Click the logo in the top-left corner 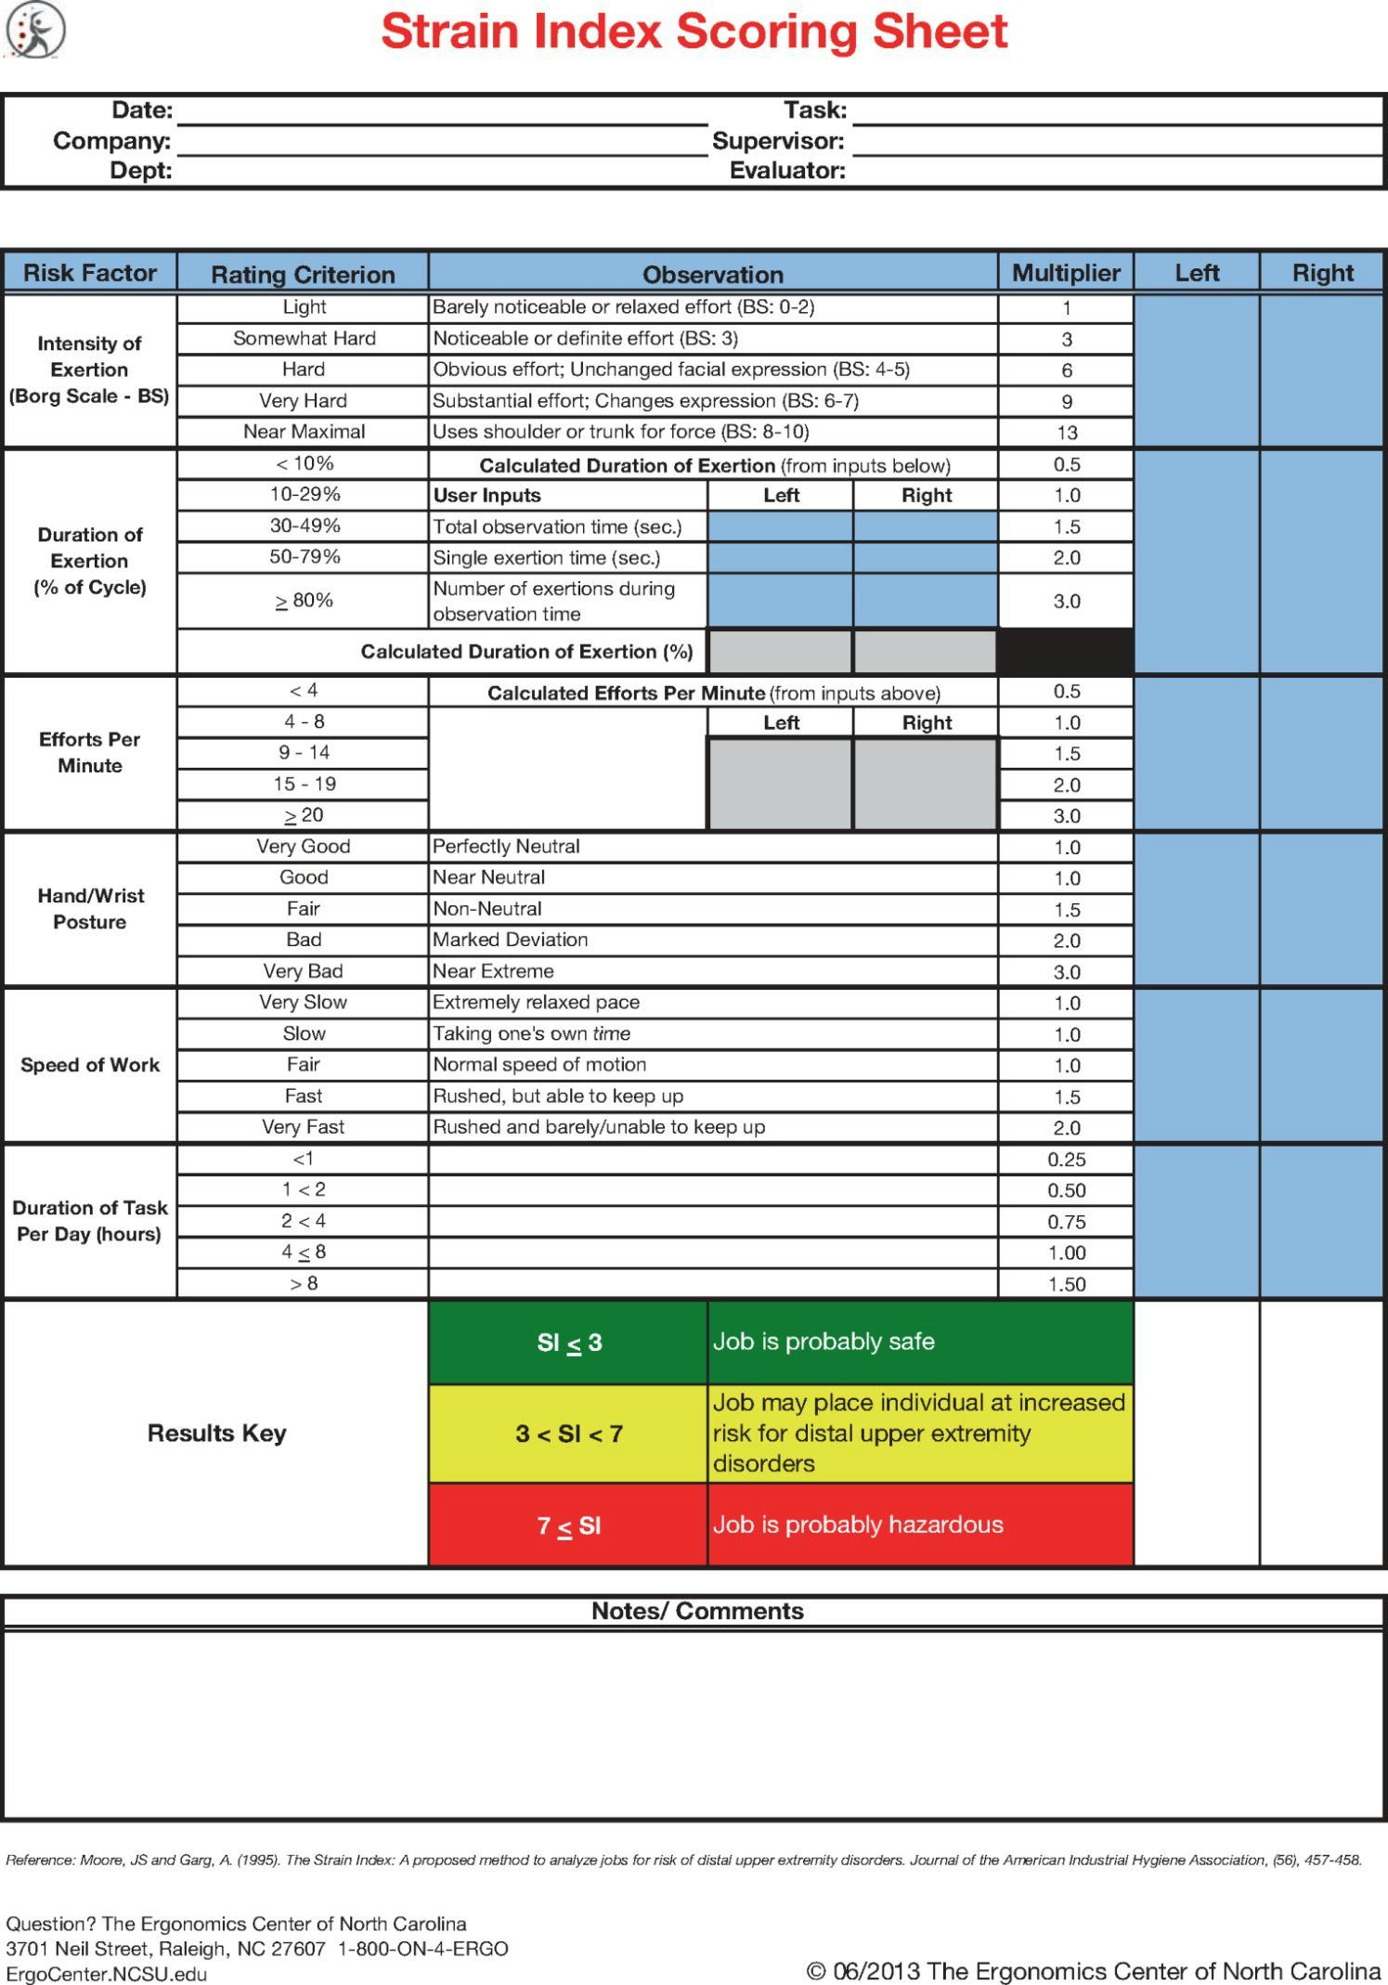[x=36, y=29]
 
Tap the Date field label [x=142, y=110]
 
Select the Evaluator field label [x=787, y=171]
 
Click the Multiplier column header [x=1066, y=273]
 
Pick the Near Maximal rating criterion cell [x=304, y=432]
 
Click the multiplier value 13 [x=1067, y=433]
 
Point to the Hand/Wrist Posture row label [x=90, y=909]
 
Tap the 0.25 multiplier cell [x=1067, y=1160]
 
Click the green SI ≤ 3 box [x=568, y=1343]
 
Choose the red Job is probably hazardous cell [x=919, y=1524]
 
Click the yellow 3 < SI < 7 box [x=568, y=1434]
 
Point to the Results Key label [x=216, y=1433]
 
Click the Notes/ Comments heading [x=697, y=1611]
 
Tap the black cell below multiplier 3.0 [x=1066, y=651]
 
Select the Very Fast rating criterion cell [x=304, y=1127]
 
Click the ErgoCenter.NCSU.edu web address [x=107, y=1974]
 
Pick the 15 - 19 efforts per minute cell [x=304, y=784]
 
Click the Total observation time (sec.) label [x=557, y=526]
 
